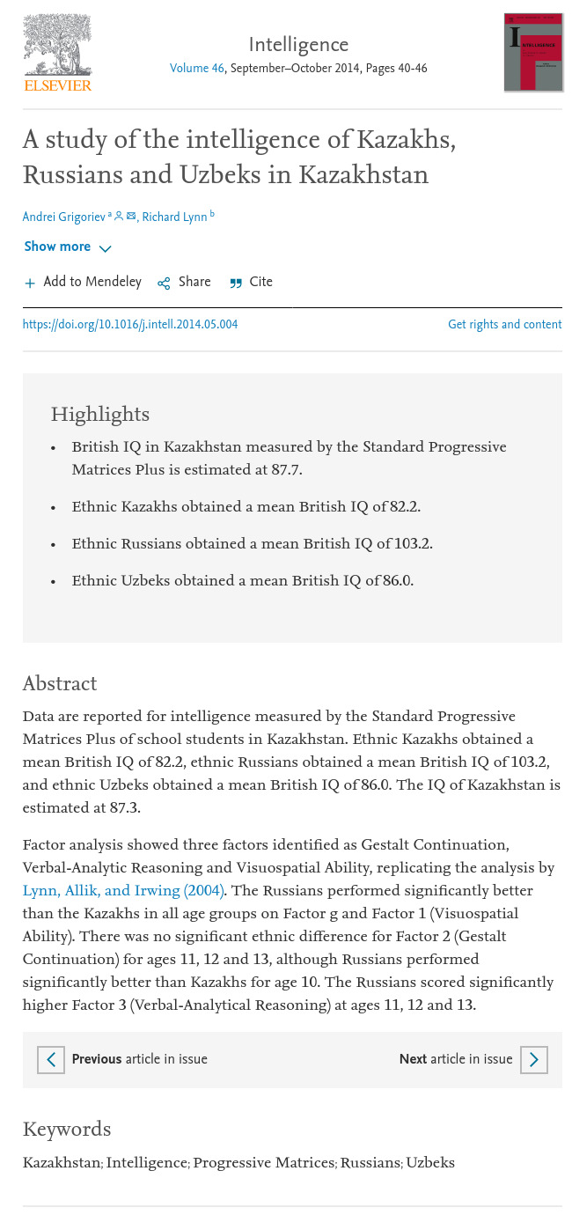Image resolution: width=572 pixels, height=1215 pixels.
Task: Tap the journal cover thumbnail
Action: coord(533,53)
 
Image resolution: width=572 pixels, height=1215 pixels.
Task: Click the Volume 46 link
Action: coord(197,69)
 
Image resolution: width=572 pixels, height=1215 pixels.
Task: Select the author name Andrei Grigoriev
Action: coord(63,217)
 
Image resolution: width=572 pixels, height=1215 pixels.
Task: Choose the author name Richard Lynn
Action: coord(174,217)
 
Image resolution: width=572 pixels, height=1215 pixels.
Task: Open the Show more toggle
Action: coord(68,247)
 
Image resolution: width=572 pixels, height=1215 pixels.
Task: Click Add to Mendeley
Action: coord(83,283)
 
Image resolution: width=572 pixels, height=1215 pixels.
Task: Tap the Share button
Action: coord(185,283)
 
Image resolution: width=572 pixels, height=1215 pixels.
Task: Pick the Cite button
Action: coord(252,283)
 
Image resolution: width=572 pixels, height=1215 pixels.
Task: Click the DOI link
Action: coord(130,325)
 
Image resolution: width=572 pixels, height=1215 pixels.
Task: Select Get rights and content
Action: coord(504,325)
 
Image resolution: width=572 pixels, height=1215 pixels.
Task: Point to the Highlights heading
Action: coord(100,415)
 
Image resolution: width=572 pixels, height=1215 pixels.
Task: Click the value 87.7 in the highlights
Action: coord(286,470)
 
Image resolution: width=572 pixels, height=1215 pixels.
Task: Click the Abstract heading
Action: coord(60,684)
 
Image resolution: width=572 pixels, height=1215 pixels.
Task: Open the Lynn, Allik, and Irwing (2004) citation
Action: coord(123,891)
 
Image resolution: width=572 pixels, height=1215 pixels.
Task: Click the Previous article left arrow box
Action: coord(51,1060)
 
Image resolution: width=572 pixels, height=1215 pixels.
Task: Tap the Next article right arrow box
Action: coord(533,1060)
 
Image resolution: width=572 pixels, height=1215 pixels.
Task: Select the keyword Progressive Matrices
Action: coord(264,1163)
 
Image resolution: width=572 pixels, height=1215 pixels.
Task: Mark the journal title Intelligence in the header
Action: coord(298,46)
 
